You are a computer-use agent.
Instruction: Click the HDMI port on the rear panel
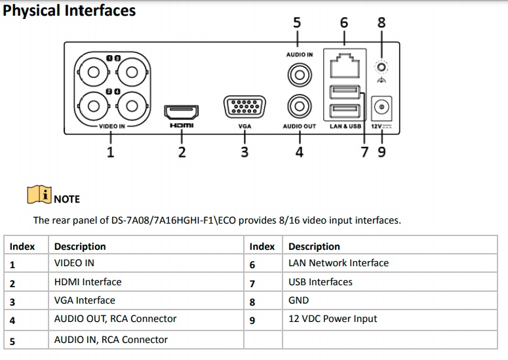point(182,112)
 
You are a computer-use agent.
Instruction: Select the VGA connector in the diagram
point(244,107)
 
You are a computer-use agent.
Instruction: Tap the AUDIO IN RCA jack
point(300,75)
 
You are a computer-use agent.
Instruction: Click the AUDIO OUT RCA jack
point(300,106)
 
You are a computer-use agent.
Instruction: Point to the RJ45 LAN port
point(345,66)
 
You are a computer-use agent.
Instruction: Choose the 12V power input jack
point(381,107)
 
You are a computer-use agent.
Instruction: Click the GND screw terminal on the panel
point(381,68)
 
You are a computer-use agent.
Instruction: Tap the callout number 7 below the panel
point(365,152)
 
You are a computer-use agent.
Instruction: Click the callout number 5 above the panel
point(297,23)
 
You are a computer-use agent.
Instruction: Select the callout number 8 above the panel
point(381,23)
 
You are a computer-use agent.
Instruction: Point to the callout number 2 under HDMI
point(182,152)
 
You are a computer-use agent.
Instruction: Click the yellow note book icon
point(39,194)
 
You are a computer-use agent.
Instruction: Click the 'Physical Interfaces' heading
point(69,10)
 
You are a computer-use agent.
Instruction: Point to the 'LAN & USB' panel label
point(345,126)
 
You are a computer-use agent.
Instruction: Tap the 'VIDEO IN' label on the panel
point(112,126)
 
